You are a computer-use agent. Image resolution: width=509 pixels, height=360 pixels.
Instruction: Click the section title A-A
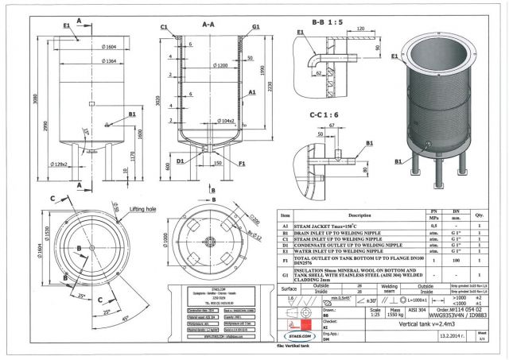click(208, 25)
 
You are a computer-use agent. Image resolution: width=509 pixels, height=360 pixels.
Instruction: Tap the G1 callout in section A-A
click(256, 26)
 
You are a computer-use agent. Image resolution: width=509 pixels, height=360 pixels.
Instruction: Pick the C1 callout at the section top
click(163, 26)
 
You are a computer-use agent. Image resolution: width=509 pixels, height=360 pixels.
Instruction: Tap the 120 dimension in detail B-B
click(361, 27)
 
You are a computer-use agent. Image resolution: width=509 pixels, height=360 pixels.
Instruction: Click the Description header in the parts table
click(360, 215)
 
